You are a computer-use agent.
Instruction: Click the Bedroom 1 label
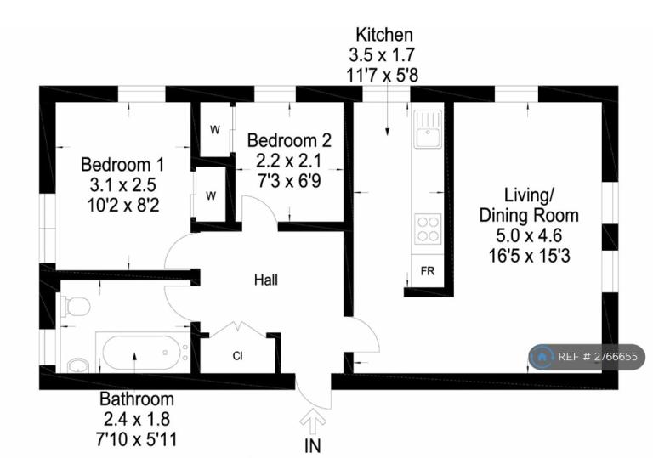pos(122,165)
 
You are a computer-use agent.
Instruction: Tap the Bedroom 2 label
pos(289,140)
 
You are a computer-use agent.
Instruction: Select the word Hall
pos(266,280)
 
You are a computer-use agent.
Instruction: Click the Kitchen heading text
pos(384,35)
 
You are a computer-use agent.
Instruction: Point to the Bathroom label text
pos(137,399)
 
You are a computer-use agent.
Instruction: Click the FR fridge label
pos(428,271)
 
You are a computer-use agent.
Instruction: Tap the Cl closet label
pos(238,356)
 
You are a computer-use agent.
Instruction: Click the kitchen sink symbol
pos(428,128)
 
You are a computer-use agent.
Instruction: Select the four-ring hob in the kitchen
pos(428,229)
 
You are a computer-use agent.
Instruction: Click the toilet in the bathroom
pos(77,307)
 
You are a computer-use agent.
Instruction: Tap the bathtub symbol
pos(142,353)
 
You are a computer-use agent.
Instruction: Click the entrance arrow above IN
pos(313,421)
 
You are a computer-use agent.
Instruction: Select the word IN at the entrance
pos(313,446)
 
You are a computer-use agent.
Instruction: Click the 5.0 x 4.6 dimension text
pos(529,235)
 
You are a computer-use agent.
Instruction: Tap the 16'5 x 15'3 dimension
pos(529,256)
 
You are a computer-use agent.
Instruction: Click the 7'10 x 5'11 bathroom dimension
pos(137,438)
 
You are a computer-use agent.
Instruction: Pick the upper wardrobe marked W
pos(215,130)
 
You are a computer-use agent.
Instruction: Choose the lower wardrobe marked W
pos(211,195)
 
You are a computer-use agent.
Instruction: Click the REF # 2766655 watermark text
pos(598,357)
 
